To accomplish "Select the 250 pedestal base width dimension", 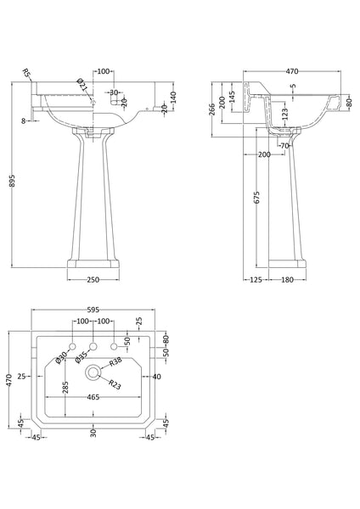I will (x=93, y=280).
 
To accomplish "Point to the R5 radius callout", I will (x=28, y=74).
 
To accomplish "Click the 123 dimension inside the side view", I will (x=285, y=113).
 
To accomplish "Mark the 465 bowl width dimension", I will (x=93, y=397).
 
